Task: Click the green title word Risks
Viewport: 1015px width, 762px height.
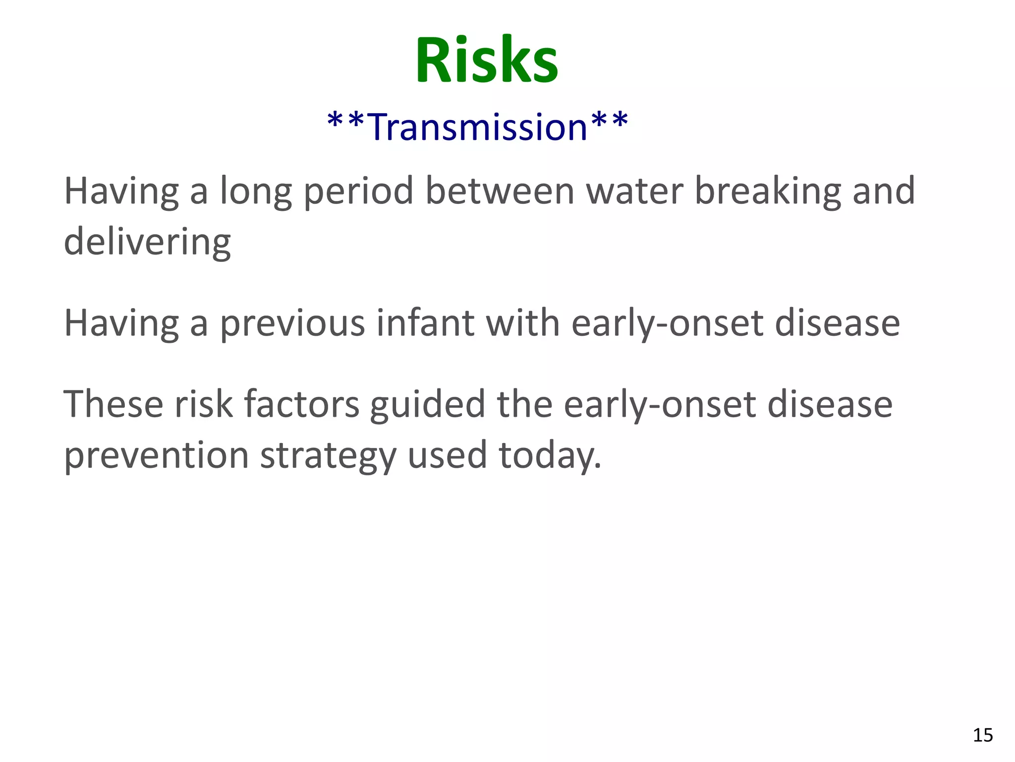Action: click(x=487, y=61)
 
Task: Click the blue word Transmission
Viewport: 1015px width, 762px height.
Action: click(x=478, y=127)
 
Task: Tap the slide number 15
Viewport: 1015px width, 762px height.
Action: click(x=983, y=735)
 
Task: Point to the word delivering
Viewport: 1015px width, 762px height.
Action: click(x=147, y=242)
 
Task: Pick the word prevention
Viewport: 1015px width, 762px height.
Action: click(x=156, y=455)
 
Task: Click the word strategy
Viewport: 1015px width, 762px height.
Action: click(x=328, y=455)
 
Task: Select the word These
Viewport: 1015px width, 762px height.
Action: click(x=113, y=404)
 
